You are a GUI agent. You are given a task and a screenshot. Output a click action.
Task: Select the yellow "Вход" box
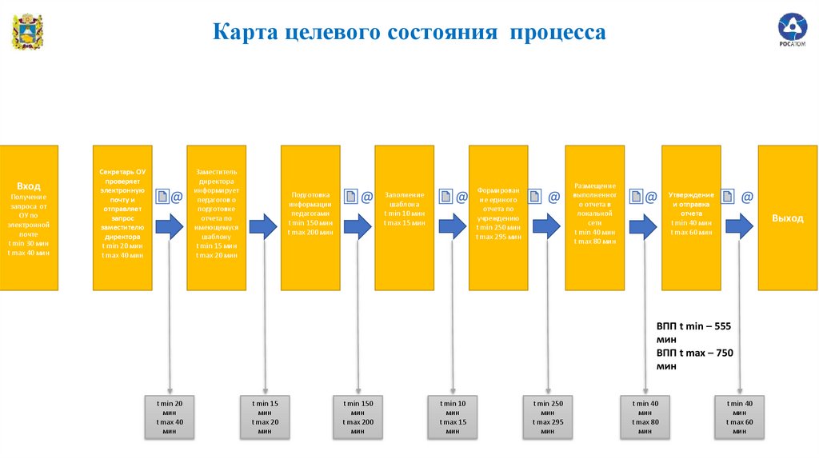pos(29,217)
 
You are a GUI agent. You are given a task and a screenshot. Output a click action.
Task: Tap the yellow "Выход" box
pos(787,217)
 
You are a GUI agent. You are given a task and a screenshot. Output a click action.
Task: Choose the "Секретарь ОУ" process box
pos(122,217)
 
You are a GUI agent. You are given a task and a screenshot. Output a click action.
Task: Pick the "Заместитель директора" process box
pos(216,217)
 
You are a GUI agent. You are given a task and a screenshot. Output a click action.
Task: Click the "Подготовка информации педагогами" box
pos(310,217)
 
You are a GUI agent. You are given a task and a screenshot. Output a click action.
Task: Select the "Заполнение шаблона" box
pos(405,217)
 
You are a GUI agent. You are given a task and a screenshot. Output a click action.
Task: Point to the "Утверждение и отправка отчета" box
pos(691,217)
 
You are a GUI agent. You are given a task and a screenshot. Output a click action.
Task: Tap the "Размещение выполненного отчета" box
pos(594,217)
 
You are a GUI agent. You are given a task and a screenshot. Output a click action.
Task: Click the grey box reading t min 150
pos(358,417)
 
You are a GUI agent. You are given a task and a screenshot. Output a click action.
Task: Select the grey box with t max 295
pos(547,417)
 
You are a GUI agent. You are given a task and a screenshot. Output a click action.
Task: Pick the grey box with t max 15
pos(452,417)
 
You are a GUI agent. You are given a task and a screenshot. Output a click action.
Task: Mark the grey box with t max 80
pos(645,417)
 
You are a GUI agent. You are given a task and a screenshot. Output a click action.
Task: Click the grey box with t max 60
pos(738,417)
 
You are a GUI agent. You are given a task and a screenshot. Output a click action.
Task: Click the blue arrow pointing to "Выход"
pos(739,227)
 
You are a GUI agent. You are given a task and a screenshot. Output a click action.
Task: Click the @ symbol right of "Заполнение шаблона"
pos(461,197)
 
